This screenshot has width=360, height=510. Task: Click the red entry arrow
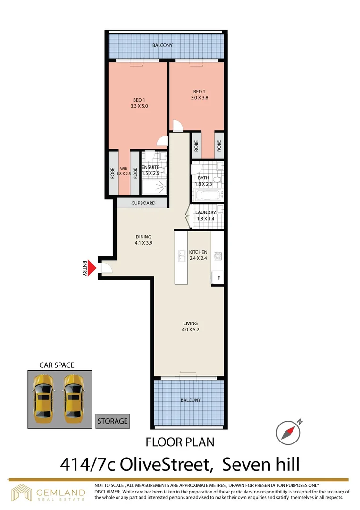(x=93, y=268)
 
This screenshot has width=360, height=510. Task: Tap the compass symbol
(x=288, y=432)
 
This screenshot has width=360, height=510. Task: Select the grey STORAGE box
(x=112, y=421)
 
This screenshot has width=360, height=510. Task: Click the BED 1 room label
(x=139, y=103)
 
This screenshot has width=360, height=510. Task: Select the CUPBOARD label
(x=143, y=203)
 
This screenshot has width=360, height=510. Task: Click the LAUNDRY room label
(x=206, y=215)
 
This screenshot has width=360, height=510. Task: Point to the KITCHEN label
(x=198, y=255)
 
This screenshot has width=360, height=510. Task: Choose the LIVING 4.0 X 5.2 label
(x=191, y=326)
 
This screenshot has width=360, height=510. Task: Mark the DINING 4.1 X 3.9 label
(x=143, y=240)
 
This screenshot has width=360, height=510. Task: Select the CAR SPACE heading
(x=57, y=365)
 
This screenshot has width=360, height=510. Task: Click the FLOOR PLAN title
(x=180, y=442)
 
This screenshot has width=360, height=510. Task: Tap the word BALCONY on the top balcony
(x=162, y=46)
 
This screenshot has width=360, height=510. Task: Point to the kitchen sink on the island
(x=181, y=256)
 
